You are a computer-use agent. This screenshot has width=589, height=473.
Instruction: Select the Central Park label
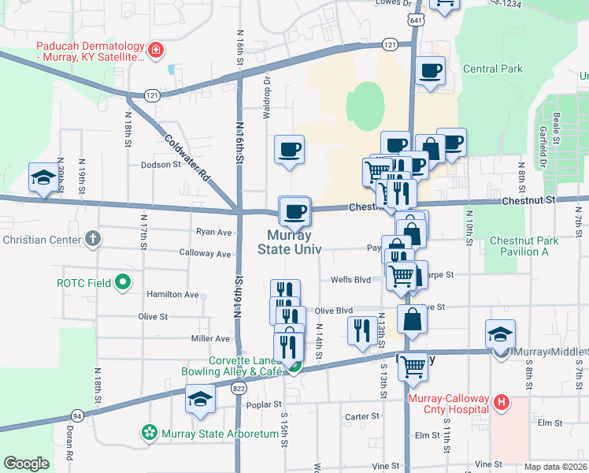[492, 69]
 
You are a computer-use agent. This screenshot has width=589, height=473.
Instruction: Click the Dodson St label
[161, 165]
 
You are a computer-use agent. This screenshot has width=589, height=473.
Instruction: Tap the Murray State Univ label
[289, 242]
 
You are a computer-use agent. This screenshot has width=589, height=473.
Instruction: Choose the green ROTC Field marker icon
[122, 281]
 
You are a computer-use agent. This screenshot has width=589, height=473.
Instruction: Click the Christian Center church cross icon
[93, 239]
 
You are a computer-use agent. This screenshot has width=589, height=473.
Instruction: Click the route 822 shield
[239, 388]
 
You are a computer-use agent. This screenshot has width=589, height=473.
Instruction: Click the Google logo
[26, 464]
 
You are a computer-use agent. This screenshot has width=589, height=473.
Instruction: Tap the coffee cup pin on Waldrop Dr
[289, 149]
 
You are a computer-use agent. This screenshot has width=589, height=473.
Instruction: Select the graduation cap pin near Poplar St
[200, 398]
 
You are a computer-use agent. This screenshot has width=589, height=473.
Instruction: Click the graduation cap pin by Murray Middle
[501, 333]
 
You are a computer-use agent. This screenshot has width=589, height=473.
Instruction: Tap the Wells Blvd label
[350, 279]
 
